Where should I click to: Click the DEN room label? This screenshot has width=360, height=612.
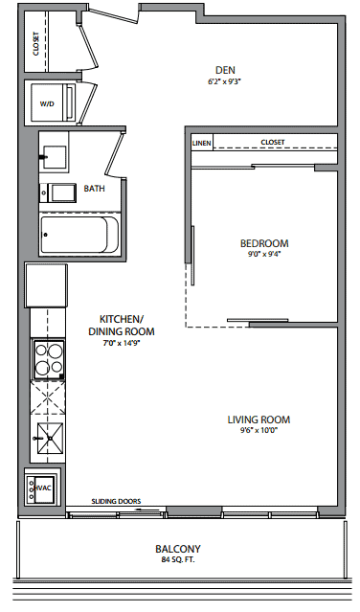click(225, 70)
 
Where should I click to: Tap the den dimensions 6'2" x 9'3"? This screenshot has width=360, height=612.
click(222, 81)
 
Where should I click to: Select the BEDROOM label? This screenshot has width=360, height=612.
click(264, 243)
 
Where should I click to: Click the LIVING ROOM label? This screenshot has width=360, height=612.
click(259, 419)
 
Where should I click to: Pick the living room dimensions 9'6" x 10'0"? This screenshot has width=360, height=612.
click(259, 431)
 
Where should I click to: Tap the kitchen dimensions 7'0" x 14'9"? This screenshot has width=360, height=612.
click(122, 343)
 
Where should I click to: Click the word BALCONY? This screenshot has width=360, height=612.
click(178, 549)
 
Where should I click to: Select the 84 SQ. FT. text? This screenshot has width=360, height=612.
click(178, 559)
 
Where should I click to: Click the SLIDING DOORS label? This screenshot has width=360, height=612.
click(116, 501)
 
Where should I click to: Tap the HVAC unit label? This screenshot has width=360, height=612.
click(42, 488)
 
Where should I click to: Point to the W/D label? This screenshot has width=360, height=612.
click(47, 103)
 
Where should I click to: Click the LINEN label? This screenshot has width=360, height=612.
click(202, 144)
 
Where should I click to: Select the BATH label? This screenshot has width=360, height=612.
click(95, 189)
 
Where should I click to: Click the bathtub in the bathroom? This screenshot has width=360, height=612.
click(79, 235)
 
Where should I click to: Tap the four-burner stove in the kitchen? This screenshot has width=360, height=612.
click(49, 359)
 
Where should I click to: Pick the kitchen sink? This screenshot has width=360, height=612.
click(51, 439)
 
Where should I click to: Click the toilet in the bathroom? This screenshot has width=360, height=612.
click(57, 193)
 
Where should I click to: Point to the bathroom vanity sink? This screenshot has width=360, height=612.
click(54, 157)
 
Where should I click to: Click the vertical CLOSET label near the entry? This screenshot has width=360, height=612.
click(35, 43)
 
